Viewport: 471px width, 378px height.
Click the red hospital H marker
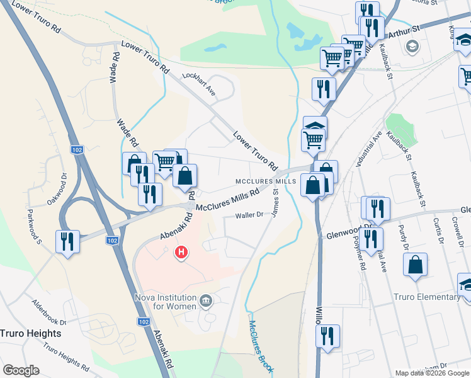pos(181,253)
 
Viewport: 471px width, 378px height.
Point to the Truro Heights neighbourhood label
pos(31,333)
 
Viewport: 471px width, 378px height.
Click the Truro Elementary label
pos(426,297)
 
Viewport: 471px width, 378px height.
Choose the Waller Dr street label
pos(249,215)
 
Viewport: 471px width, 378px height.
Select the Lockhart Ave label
pos(198,83)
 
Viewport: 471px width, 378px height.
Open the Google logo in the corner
pos(21,370)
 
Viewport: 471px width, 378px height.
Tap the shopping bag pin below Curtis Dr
pos(416,266)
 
